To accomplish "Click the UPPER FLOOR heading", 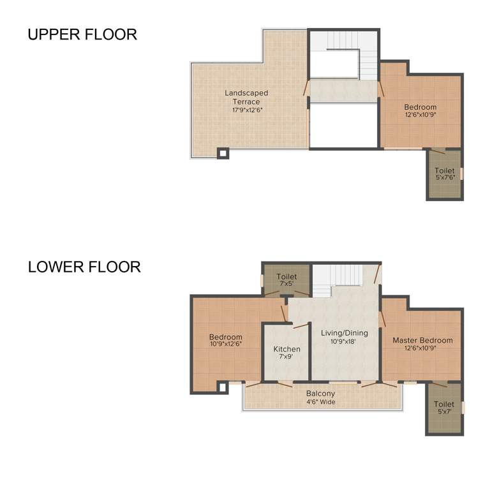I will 82,34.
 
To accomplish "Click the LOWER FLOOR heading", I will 84,267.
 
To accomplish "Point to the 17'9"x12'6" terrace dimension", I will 247,110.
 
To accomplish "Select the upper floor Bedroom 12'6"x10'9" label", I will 420,107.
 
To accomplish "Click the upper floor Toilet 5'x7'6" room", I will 445,174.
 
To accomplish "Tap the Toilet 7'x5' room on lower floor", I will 287,280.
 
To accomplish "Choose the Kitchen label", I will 286,349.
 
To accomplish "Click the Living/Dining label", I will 344,332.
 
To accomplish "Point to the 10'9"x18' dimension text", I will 344,341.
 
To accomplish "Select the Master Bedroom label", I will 422,340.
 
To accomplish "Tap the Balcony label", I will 320,394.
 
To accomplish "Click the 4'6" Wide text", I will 320,402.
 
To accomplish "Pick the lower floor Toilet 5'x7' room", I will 444,408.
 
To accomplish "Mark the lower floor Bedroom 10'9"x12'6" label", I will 226,337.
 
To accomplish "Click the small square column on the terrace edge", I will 223,153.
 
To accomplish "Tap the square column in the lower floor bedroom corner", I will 223,387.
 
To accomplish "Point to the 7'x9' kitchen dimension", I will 286,357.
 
